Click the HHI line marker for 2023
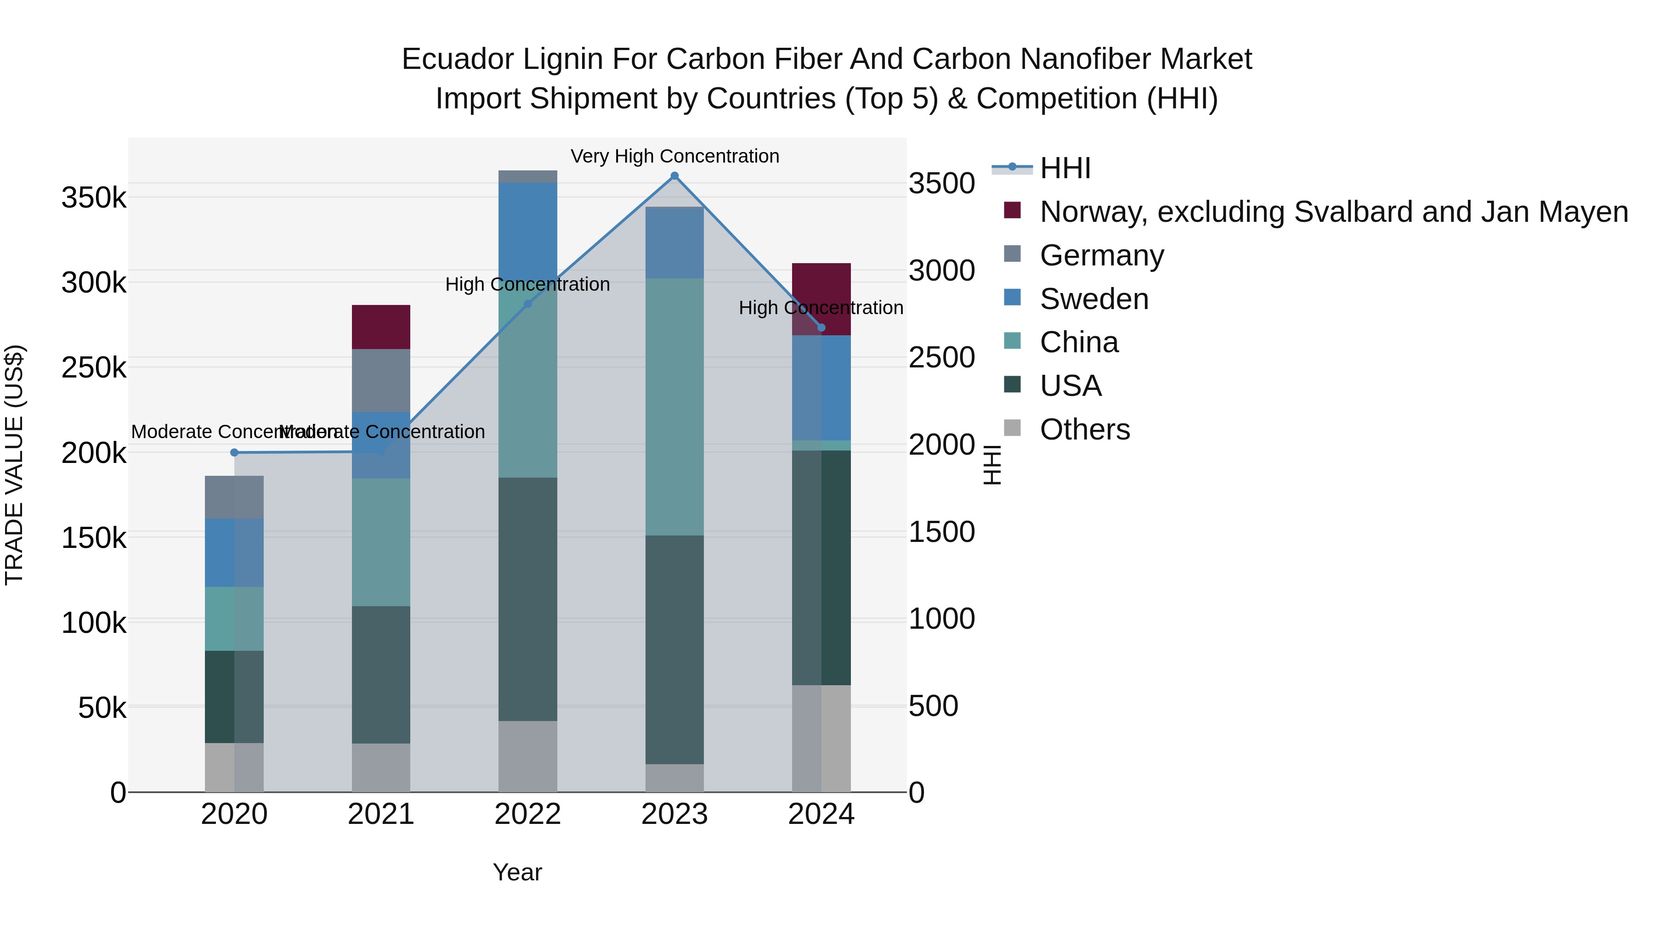[x=674, y=176]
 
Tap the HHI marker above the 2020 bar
[x=234, y=452]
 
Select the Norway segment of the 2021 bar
[x=381, y=327]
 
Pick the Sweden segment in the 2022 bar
[x=528, y=225]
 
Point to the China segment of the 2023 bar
[x=674, y=406]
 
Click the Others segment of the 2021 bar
[x=381, y=767]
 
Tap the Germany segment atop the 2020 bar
[x=234, y=497]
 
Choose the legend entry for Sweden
[x=1093, y=299]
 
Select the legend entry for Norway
[x=1333, y=212]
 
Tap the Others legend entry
[x=1084, y=429]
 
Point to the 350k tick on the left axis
[x=94, y=197]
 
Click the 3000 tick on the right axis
[x=941, y=270]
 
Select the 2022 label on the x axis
[x=528, y=814]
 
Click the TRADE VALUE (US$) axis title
[x=14, y=465]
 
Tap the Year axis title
[x=517, y=872]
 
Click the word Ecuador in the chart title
[x=457, y=59]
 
